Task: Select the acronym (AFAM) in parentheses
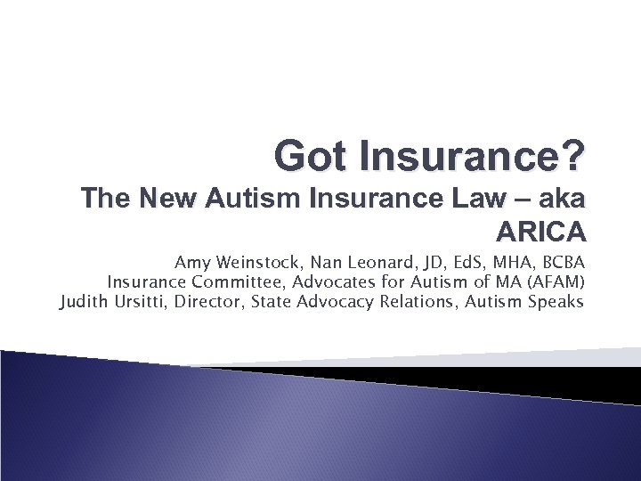click(553, 282)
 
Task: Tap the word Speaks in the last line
click(556, 302)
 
